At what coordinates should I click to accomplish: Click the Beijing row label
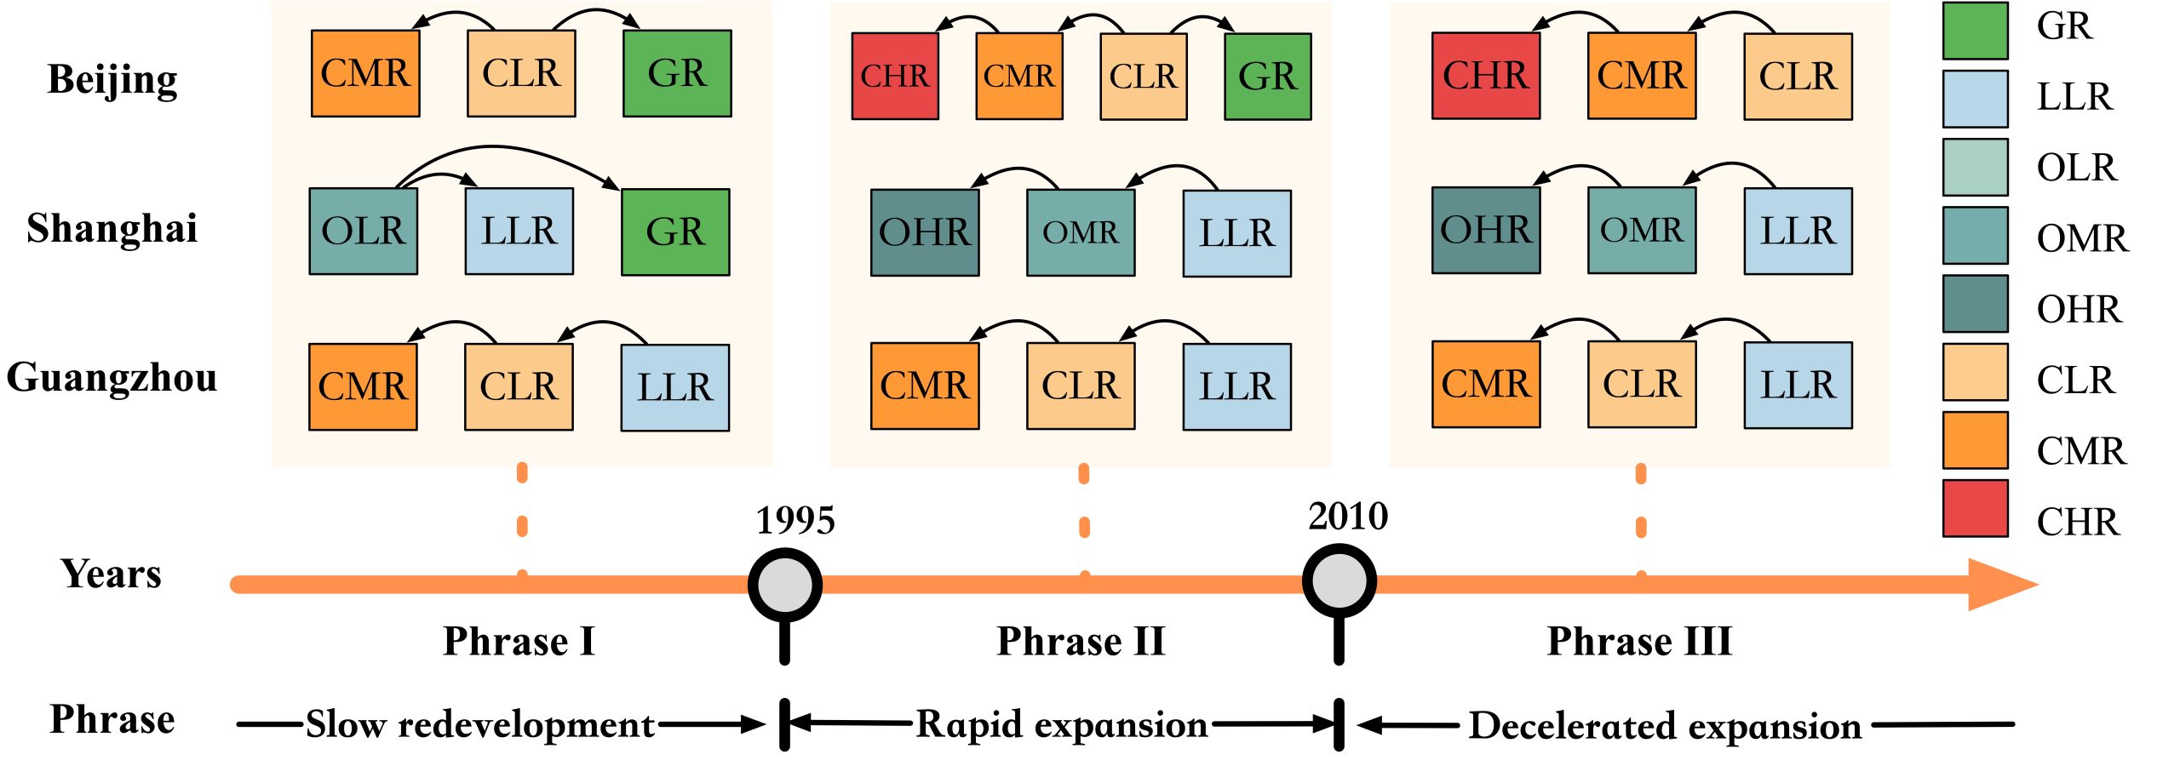coord(112,80)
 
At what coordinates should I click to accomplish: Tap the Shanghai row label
coord(112,229)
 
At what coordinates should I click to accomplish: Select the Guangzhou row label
coord(112,378)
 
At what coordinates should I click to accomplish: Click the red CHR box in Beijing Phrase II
coord(894,77)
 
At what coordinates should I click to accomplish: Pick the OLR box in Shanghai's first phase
coord(363,232)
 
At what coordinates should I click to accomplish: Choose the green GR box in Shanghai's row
coord(675,232)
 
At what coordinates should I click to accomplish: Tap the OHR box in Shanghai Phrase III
coord(1485,231)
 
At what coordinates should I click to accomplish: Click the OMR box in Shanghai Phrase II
coord(1080,233)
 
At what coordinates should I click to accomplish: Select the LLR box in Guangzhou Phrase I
coord(674,387)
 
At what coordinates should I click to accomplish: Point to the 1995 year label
coord(795,521)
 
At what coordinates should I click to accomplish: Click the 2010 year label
coord(1347,517)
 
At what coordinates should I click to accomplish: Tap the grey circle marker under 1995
coord(784,585)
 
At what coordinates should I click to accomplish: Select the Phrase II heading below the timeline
coord(1081,641)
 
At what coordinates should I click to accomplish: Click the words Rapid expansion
coord(1061,724)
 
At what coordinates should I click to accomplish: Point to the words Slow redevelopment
coord(480,724)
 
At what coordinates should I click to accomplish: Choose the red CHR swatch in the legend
coord(1975,509)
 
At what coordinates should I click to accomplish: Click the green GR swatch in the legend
coord(1975,31)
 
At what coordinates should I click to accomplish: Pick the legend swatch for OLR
coord(1975,167)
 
